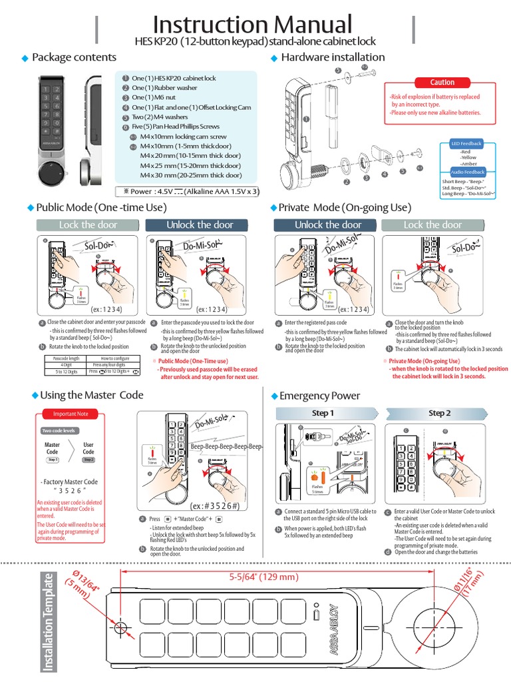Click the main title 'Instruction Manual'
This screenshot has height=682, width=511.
252,25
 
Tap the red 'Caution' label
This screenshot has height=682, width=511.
442,83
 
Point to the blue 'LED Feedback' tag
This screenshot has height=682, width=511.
466,143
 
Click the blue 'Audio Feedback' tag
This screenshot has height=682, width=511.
469,172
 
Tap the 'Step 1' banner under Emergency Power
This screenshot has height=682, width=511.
323,413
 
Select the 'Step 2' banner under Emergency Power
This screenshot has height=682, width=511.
439,413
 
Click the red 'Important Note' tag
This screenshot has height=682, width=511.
65,414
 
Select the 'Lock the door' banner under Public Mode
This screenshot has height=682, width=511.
88,225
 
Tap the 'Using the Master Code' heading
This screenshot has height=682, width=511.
92,395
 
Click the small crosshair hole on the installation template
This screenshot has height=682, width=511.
120,627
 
